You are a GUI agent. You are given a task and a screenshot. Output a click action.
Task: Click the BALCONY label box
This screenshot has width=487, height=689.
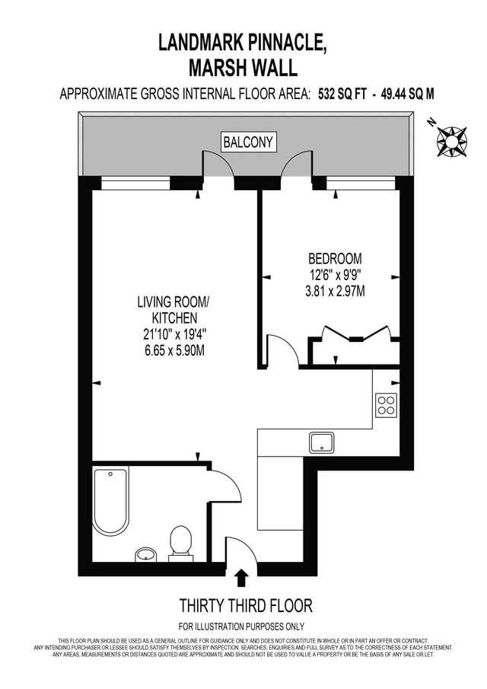point(248,142)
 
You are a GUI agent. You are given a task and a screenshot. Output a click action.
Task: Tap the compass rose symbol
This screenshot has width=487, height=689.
point(450,141)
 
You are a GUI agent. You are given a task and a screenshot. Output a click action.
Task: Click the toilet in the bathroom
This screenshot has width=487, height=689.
point(180,544)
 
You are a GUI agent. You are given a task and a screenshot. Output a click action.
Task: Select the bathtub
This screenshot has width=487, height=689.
point(110,502)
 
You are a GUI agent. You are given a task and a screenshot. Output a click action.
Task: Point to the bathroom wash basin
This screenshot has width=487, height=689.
point(145,554)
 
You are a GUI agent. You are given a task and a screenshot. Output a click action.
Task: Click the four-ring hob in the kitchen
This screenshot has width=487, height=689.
point(387,405)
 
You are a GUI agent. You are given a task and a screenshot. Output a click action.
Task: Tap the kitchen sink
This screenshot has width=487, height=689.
point(321,442)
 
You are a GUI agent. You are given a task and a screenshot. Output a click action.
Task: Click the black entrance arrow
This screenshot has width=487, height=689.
point(241,579)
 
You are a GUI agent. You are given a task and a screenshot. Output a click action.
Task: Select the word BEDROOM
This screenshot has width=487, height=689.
point(335,258)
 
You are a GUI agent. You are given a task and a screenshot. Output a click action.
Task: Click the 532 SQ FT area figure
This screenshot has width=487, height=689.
point(342,94)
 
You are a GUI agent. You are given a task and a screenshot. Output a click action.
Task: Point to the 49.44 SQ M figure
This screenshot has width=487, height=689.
point(407,94)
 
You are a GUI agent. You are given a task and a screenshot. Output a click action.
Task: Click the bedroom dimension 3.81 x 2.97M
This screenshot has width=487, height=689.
point(335,292)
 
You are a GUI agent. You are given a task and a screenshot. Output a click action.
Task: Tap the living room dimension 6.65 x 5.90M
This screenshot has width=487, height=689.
point(174,351)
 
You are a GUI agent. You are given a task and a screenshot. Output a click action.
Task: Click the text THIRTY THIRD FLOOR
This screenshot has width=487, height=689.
point(246,605)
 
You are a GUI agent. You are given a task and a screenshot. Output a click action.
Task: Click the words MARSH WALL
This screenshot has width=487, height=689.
point(243,68)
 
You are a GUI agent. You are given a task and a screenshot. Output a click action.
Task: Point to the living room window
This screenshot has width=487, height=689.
point(135,183)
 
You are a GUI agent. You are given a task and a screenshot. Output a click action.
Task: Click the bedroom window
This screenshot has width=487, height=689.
point(363,183)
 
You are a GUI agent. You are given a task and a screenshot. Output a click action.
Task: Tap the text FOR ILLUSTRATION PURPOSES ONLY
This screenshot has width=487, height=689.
point(241,627)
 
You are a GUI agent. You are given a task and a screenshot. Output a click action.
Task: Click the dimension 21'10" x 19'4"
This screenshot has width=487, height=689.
point(174,334)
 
